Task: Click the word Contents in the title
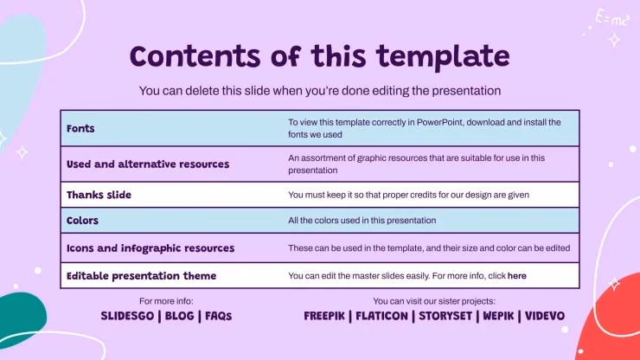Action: [x=195, y=56]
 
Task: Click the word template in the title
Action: [x=443, y=57]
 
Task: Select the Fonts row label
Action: [x=80, y=128]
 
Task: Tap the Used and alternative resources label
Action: [x=148, y=164]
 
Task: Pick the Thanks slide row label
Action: [x=99, y=195]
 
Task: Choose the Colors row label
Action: [x=82, y=221]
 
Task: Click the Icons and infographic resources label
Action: [x=150, y=248]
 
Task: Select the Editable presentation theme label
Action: [x=141, y=276]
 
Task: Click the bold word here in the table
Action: [x=516, y=276]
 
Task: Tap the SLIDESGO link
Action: [x=127, y=316]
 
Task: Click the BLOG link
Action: [x=179, y=316]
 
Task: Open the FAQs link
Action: [x=218, y=316]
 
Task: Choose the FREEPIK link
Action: [x=324, y=316]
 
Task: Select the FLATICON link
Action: [x=381, y=316]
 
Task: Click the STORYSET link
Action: [x=445, y=316]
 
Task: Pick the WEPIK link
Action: [x=498, y=316]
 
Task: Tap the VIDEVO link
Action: [x=545, y=316]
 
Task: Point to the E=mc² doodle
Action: [x=611, y=18]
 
